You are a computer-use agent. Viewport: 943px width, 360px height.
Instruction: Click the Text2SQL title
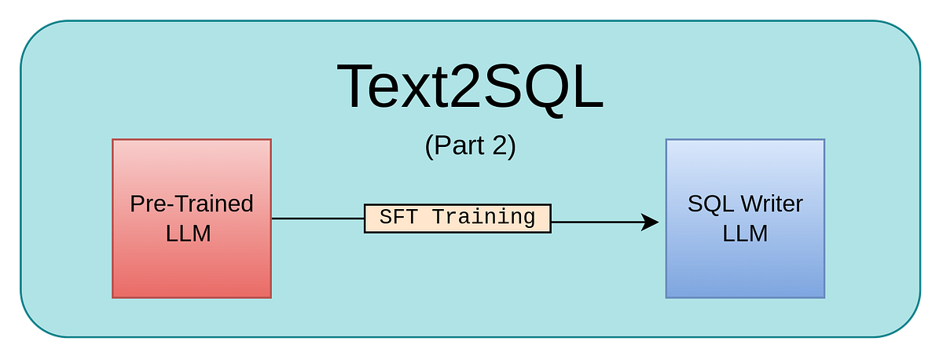pyautogui.click(x=470, y=86)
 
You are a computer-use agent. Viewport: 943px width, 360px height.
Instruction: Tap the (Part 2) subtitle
pyautogui.click(x=470, y=147)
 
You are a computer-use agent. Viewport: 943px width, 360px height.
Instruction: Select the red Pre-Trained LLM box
pyautogui.click(x=192, y=259)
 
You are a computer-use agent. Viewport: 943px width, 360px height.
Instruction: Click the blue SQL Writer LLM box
pyautogui.click(x=745, y=259)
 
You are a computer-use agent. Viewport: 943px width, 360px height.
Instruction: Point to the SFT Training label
pyautogui.click(x=457, y=218)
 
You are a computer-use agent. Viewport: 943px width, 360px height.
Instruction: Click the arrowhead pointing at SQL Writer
pyautogui.click(x=650, y=222)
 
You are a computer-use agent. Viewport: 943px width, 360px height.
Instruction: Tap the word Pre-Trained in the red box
pyautogui.click(x=192, y=204)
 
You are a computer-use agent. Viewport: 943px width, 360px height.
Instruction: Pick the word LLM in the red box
pyautogui.click(x=189, y=233)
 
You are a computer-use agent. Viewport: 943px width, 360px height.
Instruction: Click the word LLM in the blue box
pyautogui.click(x=745, y=233)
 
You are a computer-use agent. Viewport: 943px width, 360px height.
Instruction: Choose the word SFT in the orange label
pyautogui.click(x=398, y=218)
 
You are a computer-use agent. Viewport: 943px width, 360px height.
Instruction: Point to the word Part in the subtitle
pyautogui.click(x=460, y=147)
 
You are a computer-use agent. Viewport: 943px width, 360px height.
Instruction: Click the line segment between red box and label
pyautogui.click(x=317, y=219)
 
